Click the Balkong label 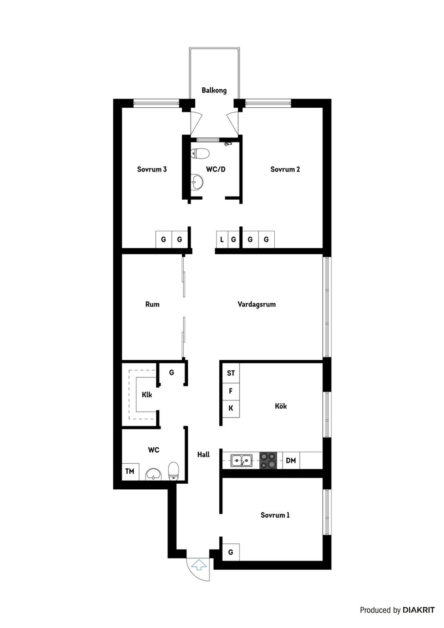(x=214, y=90)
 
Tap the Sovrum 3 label (x=152, y=169)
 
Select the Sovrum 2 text (x=285, y=169)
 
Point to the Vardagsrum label (x=257, y=304)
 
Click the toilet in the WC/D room (x=200, y=153)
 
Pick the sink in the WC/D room (x=197, y=182)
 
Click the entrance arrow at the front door (x=199, y=564)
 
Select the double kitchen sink (x=242, y=460)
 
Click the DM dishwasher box (x=291, y=461)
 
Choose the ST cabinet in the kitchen (x=231, y=373)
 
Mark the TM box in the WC (x=130, y=471)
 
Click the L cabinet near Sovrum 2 (x=222, y=240)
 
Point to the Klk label (x=147, y=395)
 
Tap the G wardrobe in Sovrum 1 (x=231, y=552)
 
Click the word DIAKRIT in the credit (x=419, y=610)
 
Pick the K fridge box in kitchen (x=231, y=408)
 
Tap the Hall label (x=203, y=455)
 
